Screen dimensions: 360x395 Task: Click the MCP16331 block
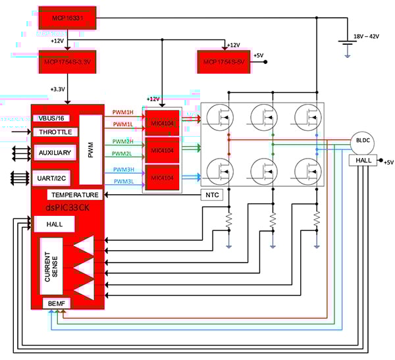67,18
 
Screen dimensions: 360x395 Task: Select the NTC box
212,195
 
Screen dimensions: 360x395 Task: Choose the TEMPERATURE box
75,195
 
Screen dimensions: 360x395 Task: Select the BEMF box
53,303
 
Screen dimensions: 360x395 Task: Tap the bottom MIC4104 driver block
162,178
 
